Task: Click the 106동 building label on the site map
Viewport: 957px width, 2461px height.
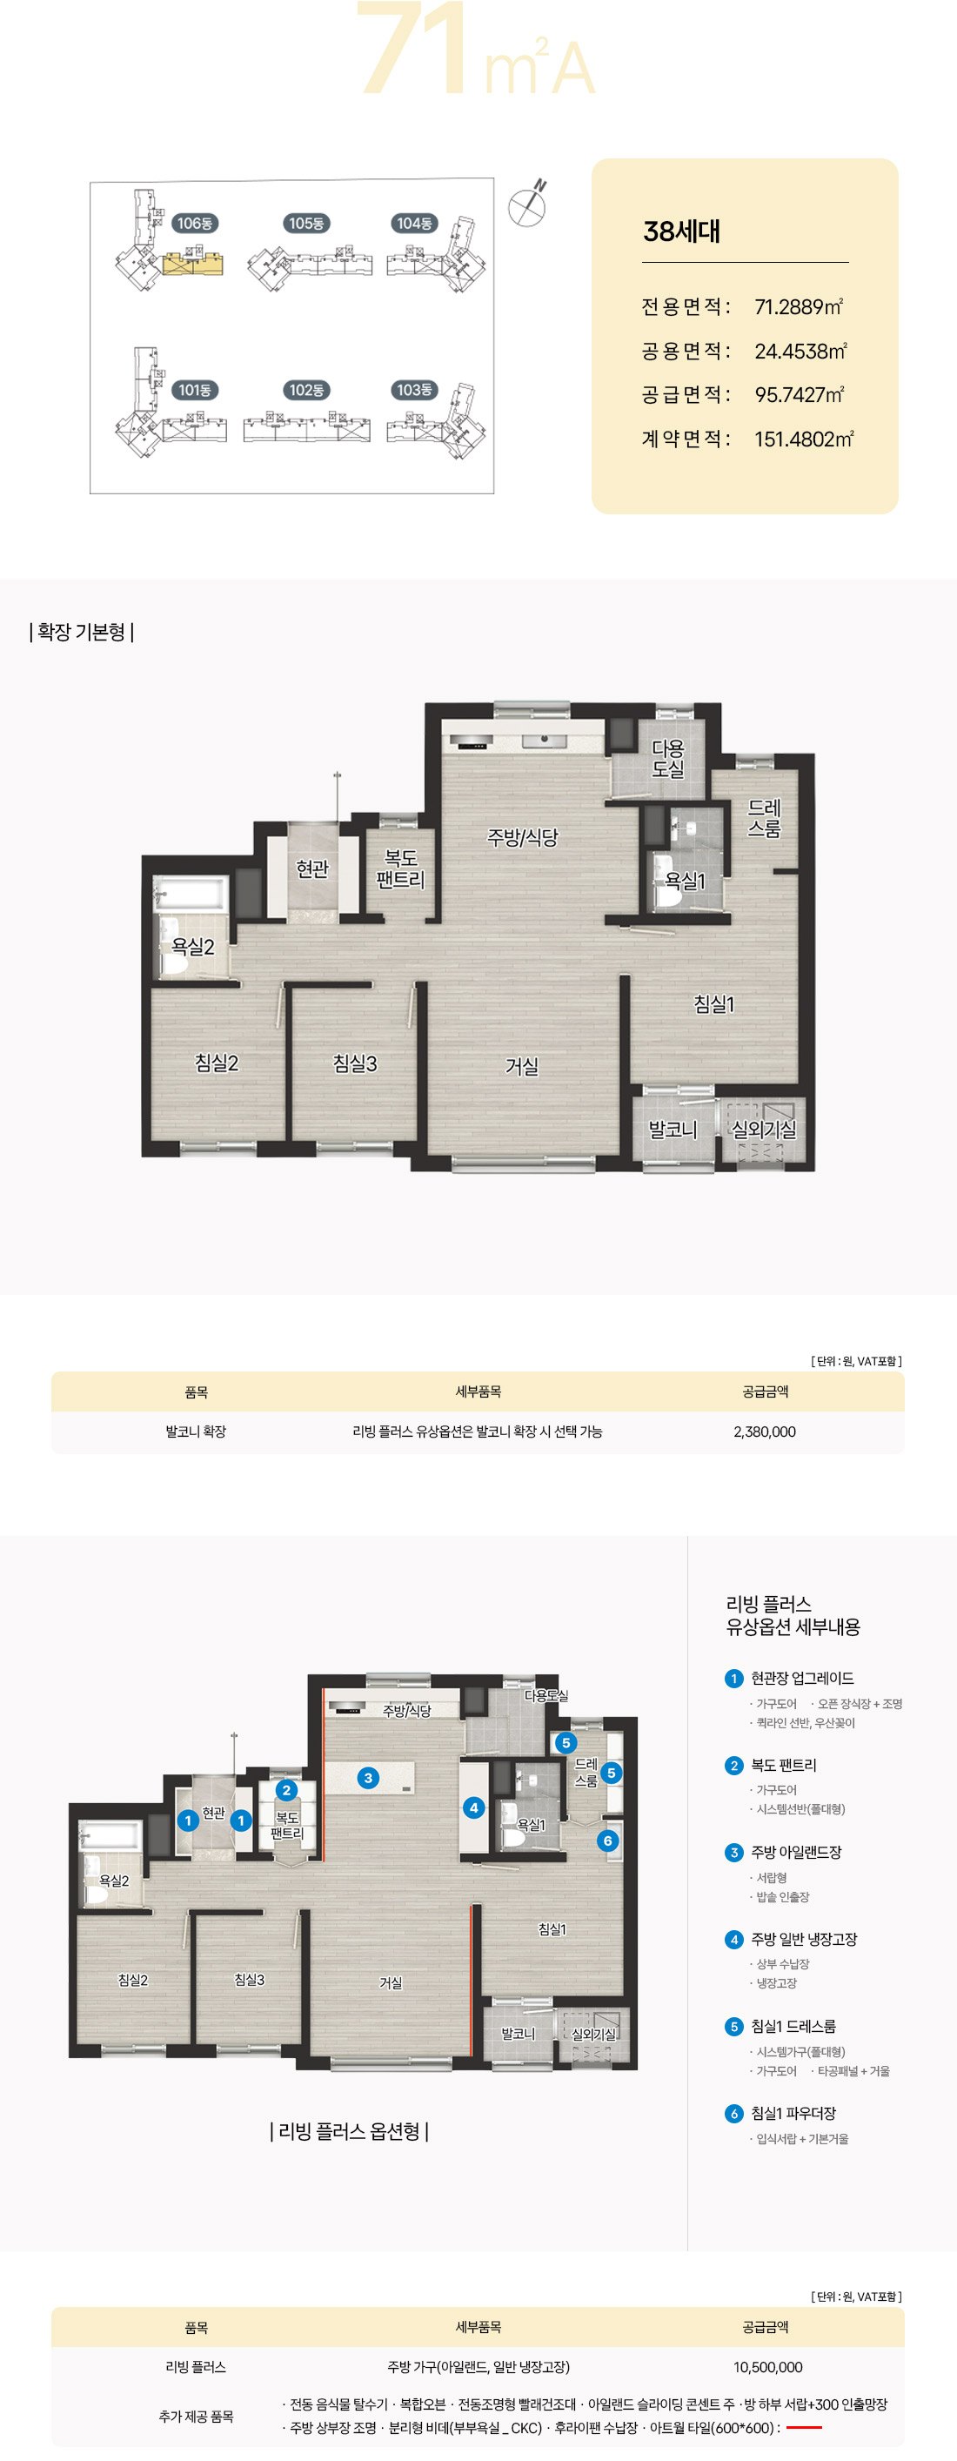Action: click(195, 223)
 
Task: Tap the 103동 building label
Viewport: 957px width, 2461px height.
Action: click(414, 390)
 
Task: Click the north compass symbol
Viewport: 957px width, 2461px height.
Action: click(527, 205)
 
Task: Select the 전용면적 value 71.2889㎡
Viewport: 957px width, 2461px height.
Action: click(799, 306)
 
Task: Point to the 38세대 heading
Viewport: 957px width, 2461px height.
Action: click(682, 231)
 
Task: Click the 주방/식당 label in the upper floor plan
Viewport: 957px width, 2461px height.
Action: click(522, 837)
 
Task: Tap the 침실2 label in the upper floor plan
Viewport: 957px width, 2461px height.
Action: click(217, 1063)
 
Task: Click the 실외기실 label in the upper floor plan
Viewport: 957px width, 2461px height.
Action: click(764, 1130)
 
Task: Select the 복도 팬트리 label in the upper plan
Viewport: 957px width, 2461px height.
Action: click(400, 869)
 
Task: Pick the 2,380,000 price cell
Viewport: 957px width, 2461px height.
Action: click(764, 1432)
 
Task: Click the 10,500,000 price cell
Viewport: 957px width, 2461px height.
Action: click(768, 2366)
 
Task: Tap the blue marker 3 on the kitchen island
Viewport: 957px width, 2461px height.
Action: click(368, 1777)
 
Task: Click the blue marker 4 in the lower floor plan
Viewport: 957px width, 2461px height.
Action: click(472, 1807)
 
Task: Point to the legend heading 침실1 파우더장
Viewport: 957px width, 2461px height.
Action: click(793, 2113)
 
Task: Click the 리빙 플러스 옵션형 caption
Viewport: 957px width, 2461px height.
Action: click(349, 2131)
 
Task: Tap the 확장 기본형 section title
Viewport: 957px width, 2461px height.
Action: click(81, 632)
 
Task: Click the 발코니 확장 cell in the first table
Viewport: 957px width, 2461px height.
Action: click(196, 1432)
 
